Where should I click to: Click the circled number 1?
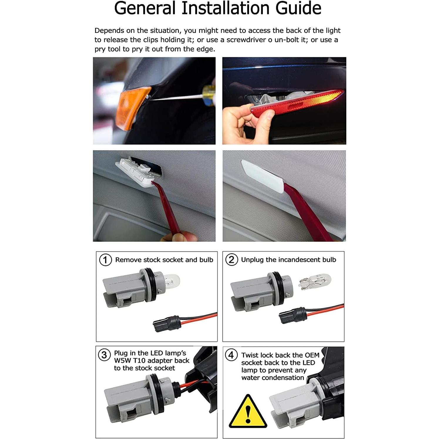(105, 260)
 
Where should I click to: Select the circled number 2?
(231, 260)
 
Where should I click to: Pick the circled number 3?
(104, 355)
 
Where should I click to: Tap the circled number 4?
(231, 355)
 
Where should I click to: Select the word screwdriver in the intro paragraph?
(246, 40)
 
